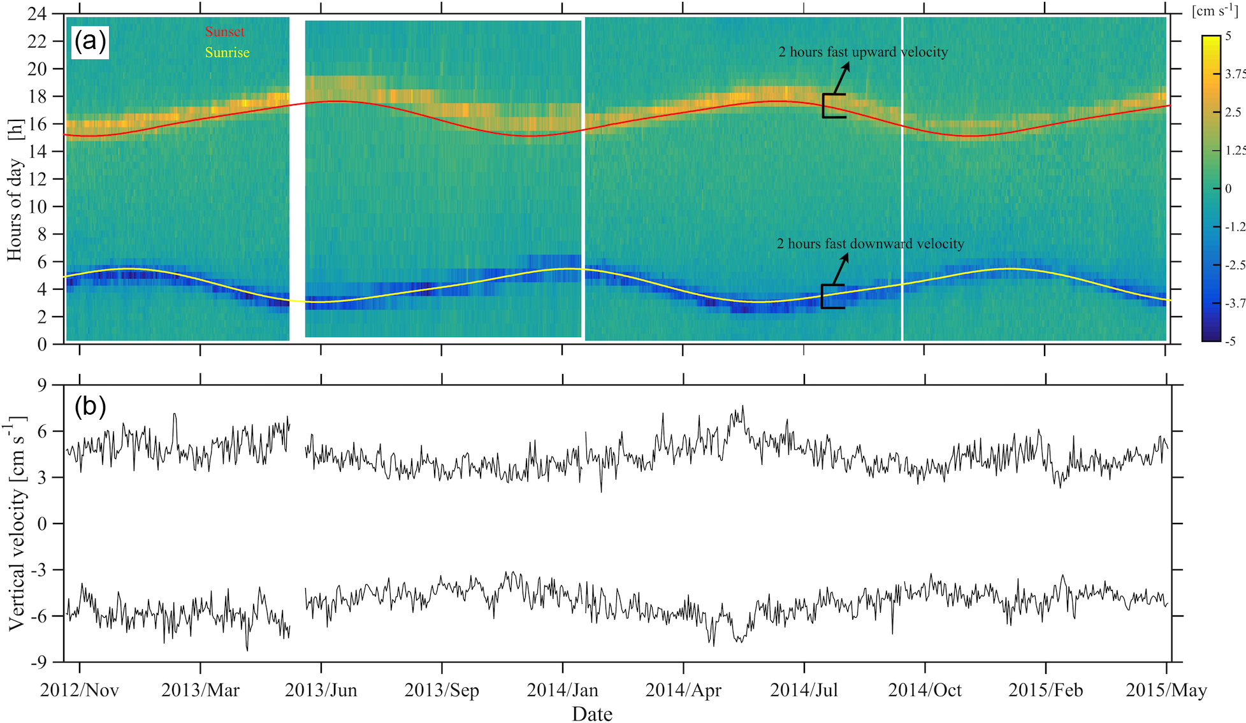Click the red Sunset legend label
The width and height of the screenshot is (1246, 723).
point(224,32)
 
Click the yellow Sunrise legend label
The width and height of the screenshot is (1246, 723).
point(227,53)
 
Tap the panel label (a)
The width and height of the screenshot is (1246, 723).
point(90,42)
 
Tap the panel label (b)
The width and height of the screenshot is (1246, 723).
point(90,406)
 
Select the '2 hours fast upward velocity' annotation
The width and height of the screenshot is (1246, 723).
point(863,52)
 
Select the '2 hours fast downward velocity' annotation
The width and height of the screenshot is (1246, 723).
point(870,244)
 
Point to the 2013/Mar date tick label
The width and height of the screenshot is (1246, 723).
point(200,691)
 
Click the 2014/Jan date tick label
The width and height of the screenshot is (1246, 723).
point(562,691)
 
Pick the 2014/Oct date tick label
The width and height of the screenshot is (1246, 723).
point(925,691)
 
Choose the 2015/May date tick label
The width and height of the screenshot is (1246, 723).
point(1166,691)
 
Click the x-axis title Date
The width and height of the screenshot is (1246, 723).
point(592,714)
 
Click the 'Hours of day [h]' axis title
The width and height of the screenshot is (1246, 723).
point(15,190)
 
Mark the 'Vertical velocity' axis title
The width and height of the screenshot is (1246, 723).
point(17,524)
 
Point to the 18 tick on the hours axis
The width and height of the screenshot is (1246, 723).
point(37,96)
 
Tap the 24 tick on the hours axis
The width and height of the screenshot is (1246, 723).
point(37,14)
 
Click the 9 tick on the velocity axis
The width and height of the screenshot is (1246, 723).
point(42,385)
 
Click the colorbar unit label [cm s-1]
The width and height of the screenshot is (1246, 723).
point(1215,11)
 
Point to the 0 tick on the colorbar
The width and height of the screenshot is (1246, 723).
point(1228,189)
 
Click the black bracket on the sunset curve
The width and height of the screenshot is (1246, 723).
point(832,106)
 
